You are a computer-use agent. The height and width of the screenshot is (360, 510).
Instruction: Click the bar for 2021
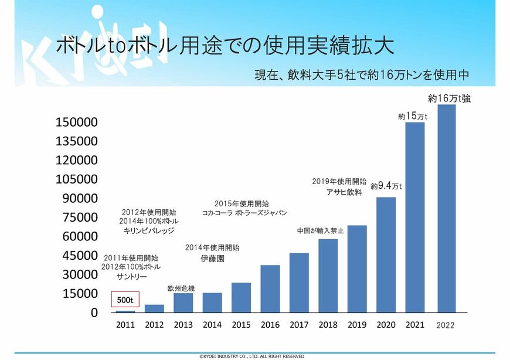pyautogui.click(x=414, y=217)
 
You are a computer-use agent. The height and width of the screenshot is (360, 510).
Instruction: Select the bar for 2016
pyautogui.click(x=270, y=288)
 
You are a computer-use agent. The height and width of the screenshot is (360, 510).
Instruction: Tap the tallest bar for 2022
pyautogui.click(x=447, y=208)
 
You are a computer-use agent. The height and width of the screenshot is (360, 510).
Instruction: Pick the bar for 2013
pyautogui.click(x=183, y=303)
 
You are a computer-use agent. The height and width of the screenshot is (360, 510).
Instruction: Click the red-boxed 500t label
pyautogui.click(x=125, y=300)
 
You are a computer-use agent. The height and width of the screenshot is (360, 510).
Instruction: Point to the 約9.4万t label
pyautogui.click(x=386, y=186)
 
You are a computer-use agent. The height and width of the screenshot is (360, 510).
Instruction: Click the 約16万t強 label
pyautogui.click(x=449, y=99)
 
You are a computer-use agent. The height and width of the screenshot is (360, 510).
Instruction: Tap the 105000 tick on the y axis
pyautogui.click(x=76, y=179)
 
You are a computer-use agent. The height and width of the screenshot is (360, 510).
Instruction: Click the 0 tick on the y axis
pyautogui.click(x=93, y=313)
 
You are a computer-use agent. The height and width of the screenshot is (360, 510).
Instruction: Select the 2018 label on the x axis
pyautogui.click(x=328, y=325)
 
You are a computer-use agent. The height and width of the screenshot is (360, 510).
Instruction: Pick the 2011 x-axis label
pyautogui.click(x=125, y=325)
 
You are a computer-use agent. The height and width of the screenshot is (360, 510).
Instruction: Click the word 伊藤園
pyautogui.click(x=212, y=258)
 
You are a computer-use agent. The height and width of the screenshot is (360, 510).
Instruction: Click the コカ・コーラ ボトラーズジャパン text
pyautogui.click(x=244, y=213)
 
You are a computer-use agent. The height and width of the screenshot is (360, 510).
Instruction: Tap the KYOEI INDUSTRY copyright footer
pyautogui.click(x=251, y=356)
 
